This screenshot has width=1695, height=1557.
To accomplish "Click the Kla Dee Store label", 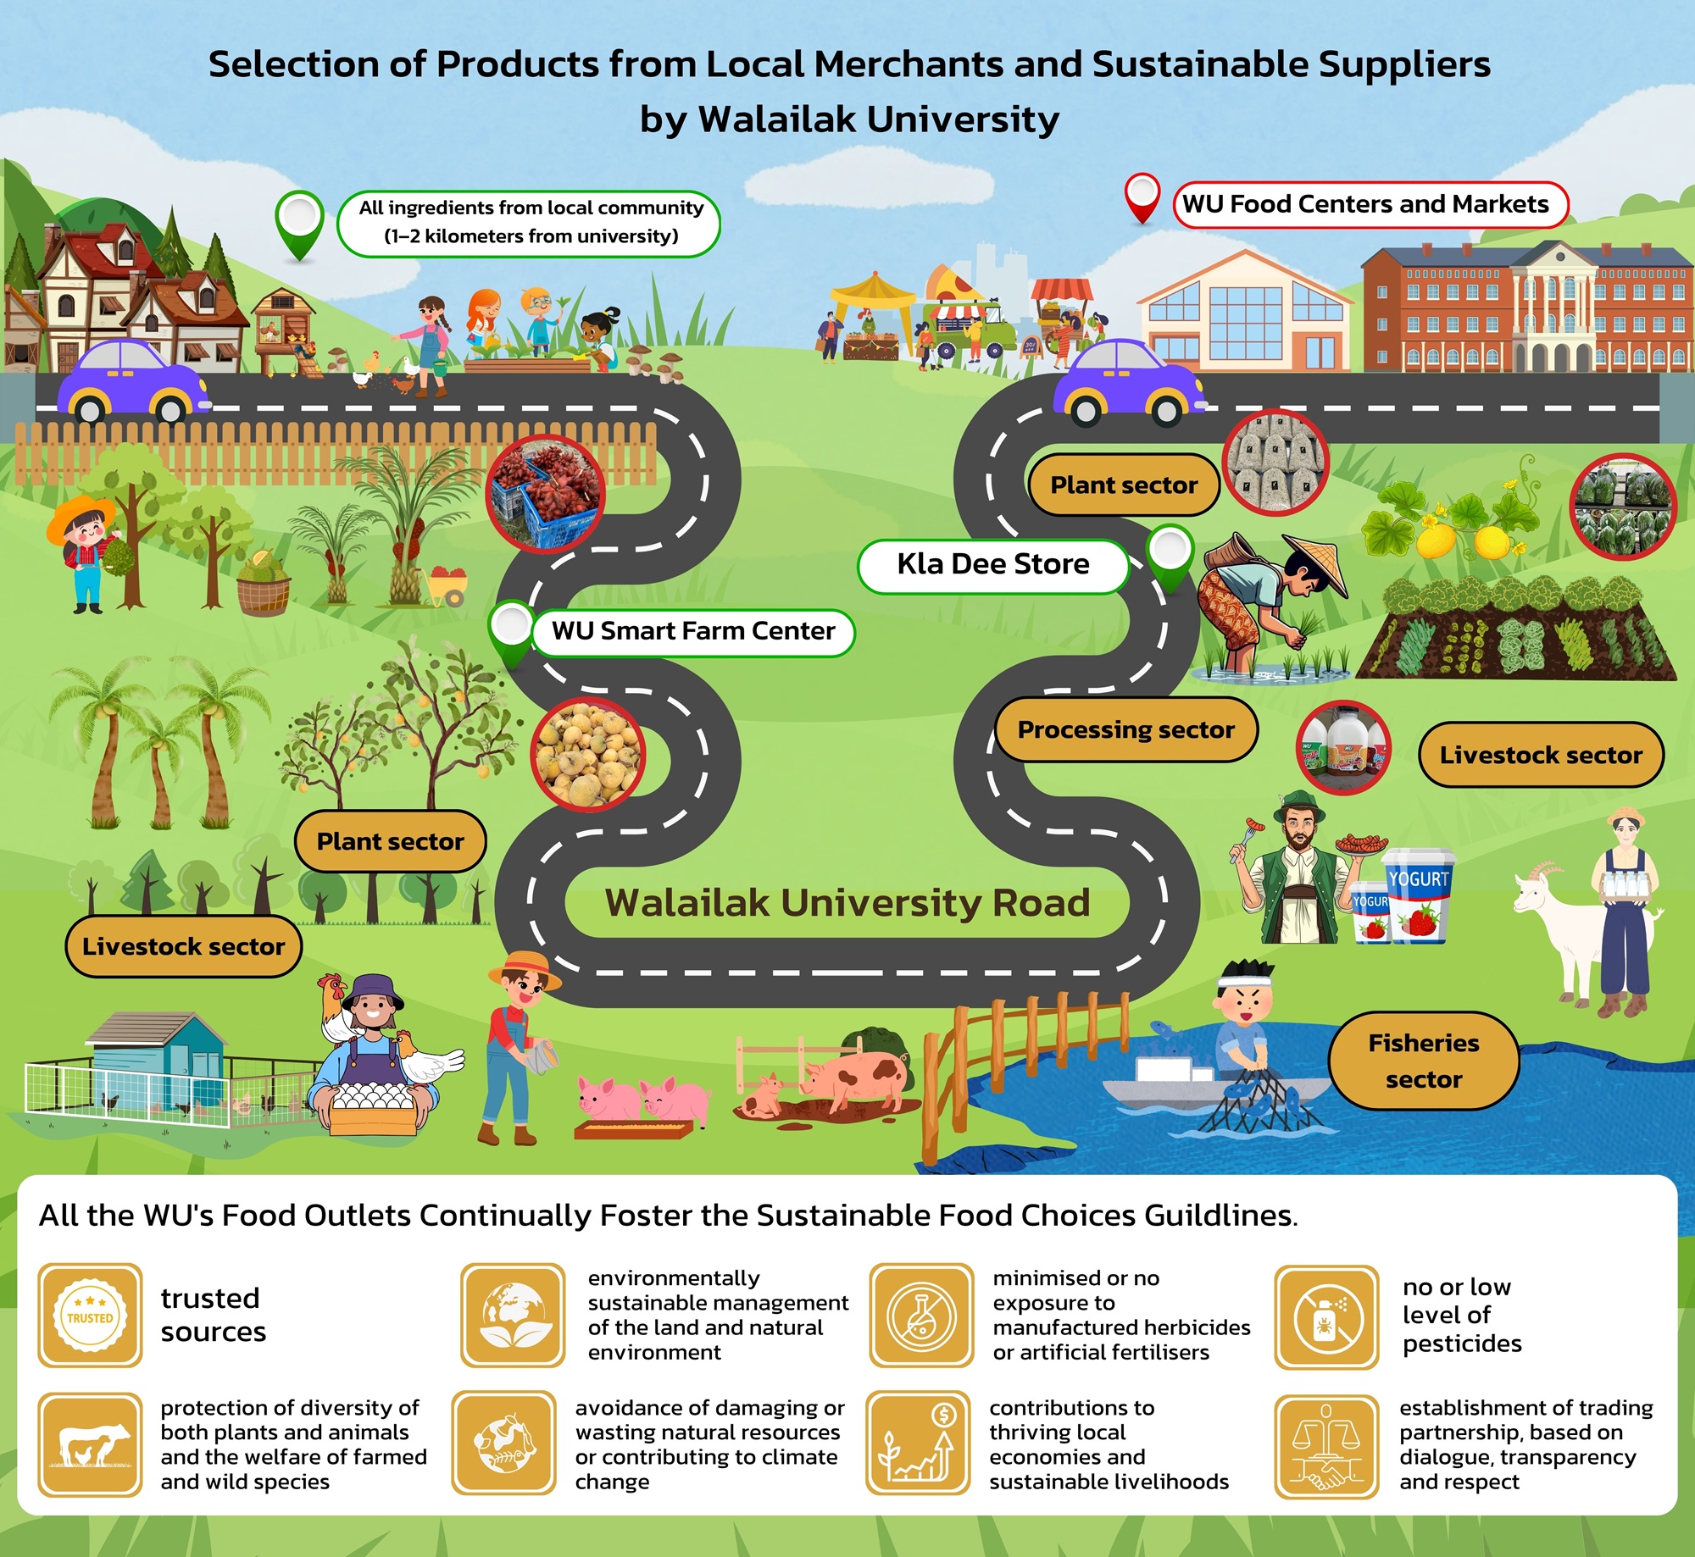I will pyautogui.click(x=993, y=565).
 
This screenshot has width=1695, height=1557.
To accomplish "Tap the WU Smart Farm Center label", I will pyautogui.click(x=693, y=632).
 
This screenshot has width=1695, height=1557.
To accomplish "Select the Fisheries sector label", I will pyautogui.click(x=1423, y=1061).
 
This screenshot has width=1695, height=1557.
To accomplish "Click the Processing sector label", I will pyautogui.click(x=1125, y=730).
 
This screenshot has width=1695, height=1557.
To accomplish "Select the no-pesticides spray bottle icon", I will pyautogui.click(x=1326, y=1317).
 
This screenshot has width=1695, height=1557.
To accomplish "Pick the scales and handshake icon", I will pyautogui.click(x=1326, y=1446).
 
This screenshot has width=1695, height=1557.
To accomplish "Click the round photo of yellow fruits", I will pyautogui.click(x=587, y=754).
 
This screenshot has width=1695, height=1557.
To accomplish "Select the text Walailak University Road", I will pyautogui.click(x=847, y=904).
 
